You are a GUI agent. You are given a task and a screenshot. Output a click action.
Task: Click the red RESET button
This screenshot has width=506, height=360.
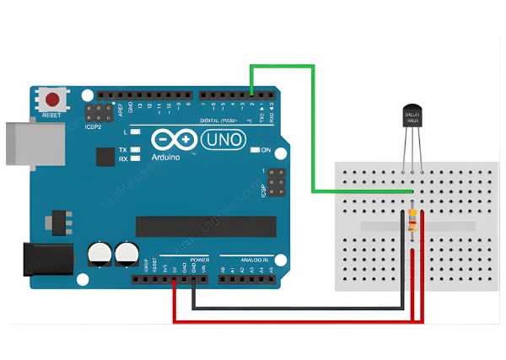pyautogui.click(x=55, y=99)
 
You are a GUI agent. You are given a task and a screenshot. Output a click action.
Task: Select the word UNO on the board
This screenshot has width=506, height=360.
pyautogui.click(x=222, y=138)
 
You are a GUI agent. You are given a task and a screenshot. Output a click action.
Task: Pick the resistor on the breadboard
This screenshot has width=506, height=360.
pyautogui.click(x=411, y=220)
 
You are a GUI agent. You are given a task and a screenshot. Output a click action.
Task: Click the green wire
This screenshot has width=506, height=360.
pyautogui.click(x=313, y=126)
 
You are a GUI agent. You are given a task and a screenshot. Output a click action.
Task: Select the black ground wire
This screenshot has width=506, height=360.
pyautogui.click(x=295, y=309)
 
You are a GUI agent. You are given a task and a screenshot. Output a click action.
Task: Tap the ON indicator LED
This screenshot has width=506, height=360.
pyautogui.click(x=255, y=151)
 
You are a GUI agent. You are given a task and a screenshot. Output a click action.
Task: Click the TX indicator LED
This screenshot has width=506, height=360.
pyautogui.click(x=135, y=149)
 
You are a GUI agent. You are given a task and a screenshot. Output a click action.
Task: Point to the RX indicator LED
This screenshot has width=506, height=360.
pyautogui.click(x=135, y=158)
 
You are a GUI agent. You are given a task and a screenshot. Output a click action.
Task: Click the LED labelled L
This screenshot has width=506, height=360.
pyautogui.click(x=135, y=132)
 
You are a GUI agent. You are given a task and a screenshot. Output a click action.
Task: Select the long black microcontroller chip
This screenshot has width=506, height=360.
pyautogui.click(x=206, y=226)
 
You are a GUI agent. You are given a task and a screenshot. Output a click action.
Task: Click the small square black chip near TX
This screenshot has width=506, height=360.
pyautogui.click(x=105, y=157)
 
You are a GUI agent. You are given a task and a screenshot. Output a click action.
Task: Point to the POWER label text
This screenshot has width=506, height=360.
pyautogui.click(x=199, y=260)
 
